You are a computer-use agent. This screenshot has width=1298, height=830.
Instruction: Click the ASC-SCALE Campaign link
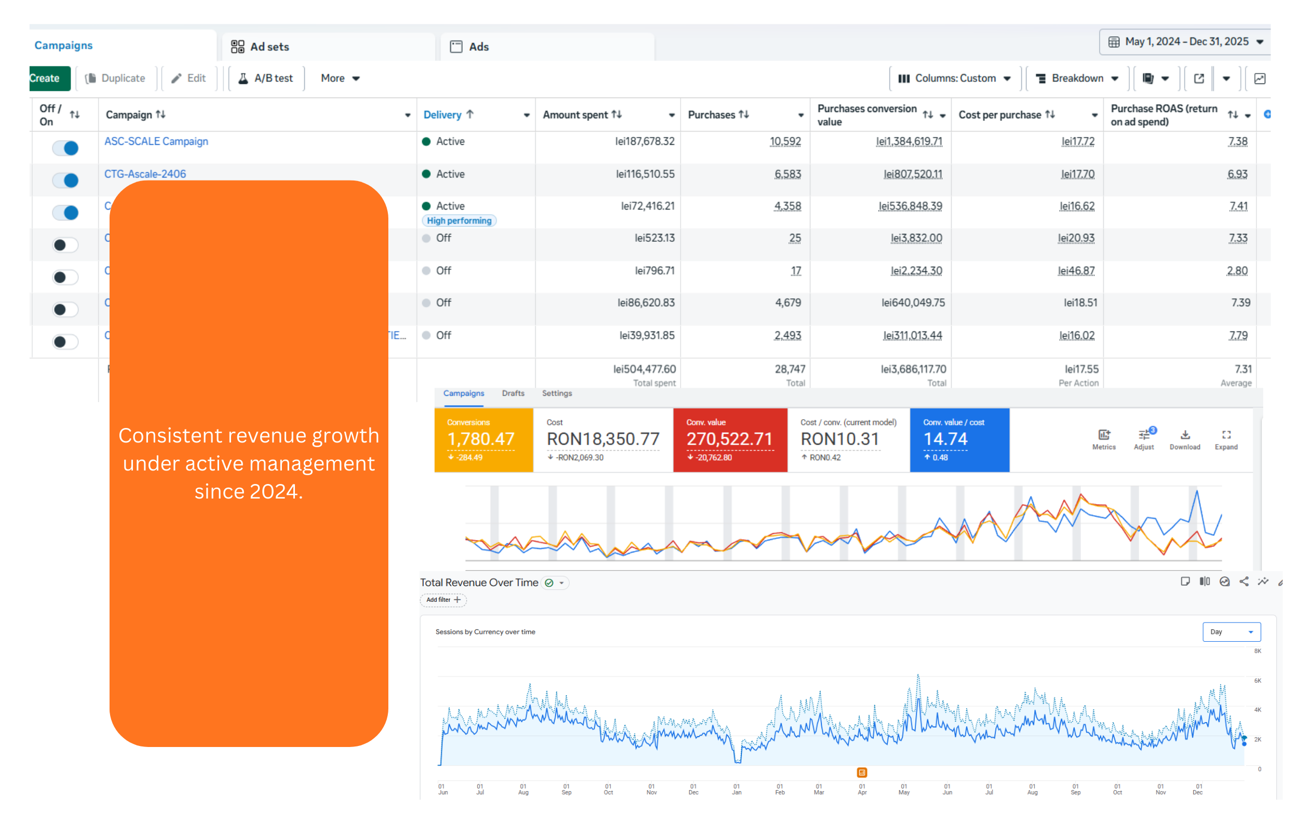click(x=156, y=142)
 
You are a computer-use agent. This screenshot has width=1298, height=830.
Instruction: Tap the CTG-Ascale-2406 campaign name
click(x=145, y=174)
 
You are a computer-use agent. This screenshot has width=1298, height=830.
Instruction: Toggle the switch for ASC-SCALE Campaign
click(x=66, y=148)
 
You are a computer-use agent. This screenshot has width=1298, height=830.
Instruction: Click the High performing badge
click(x=459, y=221)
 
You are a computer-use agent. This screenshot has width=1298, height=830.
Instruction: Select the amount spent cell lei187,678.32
click(x=644, y=142)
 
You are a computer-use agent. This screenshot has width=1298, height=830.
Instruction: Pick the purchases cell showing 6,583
click(x=787, y=174)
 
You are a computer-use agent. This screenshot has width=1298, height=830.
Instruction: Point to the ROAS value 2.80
click(x=1237, y=271)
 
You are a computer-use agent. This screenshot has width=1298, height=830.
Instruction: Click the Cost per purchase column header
click(x=1000, y=115)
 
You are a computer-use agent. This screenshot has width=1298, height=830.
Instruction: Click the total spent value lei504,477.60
click(x=644, y=369)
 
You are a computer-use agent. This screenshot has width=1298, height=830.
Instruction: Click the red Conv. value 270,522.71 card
click(x=729, y=440)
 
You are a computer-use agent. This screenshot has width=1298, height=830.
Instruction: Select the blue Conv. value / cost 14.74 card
click(x=959, y=440)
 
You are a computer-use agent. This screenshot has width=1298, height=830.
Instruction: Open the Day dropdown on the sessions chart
click(x=1231, y=632)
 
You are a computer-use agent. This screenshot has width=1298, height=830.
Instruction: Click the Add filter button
click(x=443, y=600)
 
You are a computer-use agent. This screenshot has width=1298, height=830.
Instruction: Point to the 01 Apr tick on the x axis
click(x=862, y=789)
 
